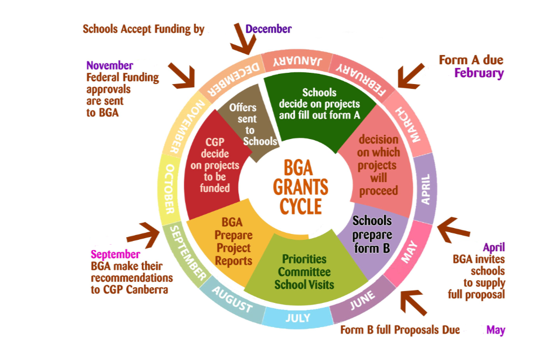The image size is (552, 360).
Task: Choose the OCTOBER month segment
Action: coord(169,188)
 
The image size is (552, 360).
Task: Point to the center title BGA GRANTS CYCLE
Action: coord(301,186)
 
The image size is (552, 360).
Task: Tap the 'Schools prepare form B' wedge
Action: coord(372,234)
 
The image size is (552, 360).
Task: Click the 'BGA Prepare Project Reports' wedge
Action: coord(232,243)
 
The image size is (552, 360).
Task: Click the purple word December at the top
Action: coord(268,29)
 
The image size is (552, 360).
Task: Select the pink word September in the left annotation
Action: coord(115,254)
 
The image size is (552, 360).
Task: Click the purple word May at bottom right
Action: coord(495,330)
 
